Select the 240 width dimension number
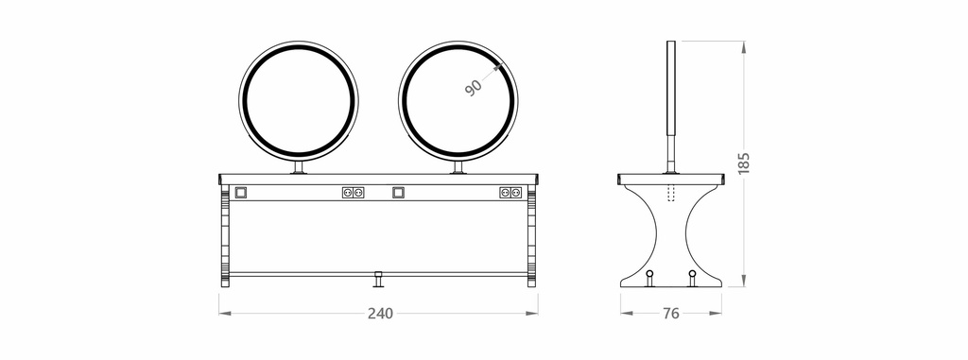point(379,314)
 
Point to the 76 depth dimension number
point(670,314)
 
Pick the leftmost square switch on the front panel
point(240,193)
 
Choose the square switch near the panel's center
point(399,193)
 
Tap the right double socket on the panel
point(510,193)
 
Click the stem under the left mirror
point(300,167)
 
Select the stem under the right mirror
point(459,167)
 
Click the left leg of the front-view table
point(224,236)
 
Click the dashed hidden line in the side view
point(671,193)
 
